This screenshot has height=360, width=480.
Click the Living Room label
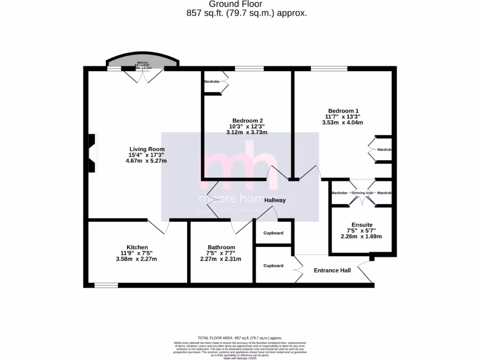(147, 149)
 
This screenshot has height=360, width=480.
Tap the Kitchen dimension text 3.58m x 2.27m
(136, 259)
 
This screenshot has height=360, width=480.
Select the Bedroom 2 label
(247, 120)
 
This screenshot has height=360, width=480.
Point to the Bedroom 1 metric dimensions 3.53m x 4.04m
(343, 122)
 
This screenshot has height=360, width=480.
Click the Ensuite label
(362, 225)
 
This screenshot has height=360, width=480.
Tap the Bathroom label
(221, 247)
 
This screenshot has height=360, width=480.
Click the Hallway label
(275, 200)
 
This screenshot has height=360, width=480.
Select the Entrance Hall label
(332, 270)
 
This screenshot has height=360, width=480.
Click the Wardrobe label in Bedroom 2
(211, 82)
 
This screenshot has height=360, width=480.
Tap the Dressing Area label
(362, 193)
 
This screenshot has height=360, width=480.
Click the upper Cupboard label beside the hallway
(273, 233)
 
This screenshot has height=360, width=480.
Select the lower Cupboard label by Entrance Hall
(273, 266)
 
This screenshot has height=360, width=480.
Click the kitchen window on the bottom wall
(106, 285)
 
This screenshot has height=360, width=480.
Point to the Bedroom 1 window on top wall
(329, 68)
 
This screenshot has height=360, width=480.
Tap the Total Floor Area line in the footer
(240, 338)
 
